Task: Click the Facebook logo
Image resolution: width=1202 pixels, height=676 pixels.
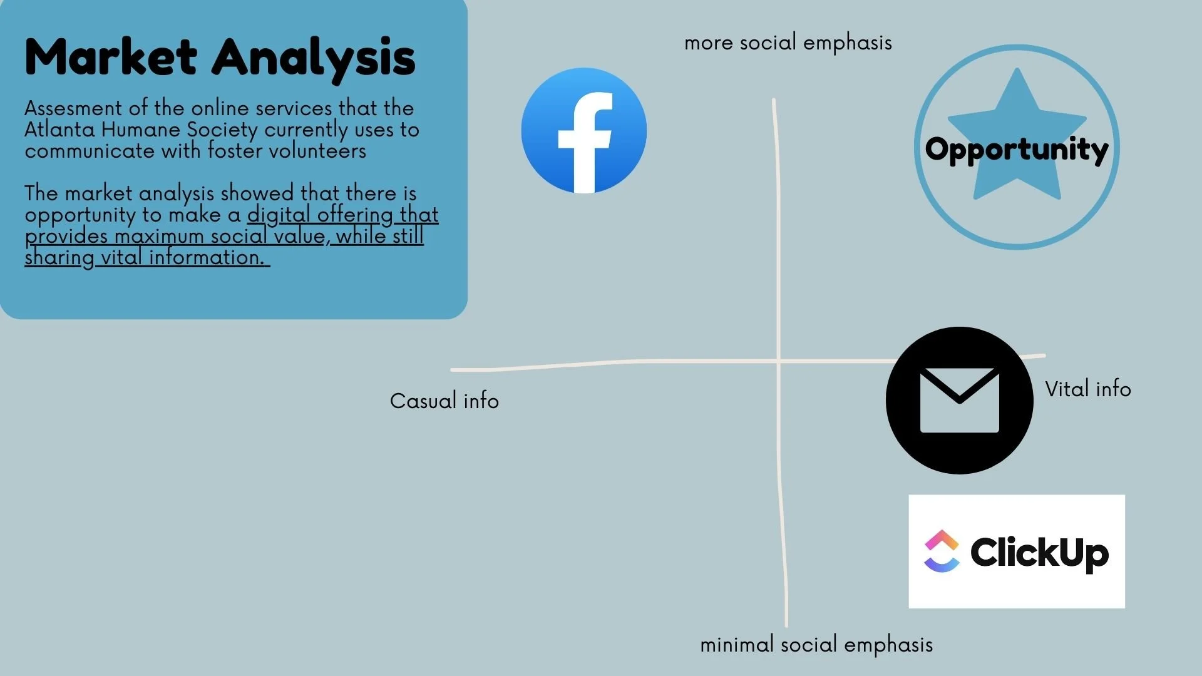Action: click(584, 130)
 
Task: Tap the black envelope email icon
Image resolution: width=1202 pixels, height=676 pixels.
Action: click(959, 401)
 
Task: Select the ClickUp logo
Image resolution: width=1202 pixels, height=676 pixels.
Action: click(1017, 551)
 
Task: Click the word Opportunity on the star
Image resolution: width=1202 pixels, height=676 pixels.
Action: click(1017, 150)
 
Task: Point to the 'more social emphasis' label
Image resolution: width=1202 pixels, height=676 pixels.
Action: click(788, 43)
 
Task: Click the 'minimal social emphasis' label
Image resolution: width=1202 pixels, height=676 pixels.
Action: click(816, 645)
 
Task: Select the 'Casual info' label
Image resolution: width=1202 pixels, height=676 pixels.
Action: click(444, 401)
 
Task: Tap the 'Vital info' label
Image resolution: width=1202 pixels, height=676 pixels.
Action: click(1088, 389)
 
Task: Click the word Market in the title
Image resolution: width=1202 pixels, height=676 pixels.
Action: click(111, 57)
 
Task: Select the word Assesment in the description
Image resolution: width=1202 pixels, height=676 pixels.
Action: click(73, 108)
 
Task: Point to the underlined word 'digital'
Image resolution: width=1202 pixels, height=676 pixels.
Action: click(279, 215)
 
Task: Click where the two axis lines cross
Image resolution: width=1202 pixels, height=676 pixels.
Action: click(778, 361)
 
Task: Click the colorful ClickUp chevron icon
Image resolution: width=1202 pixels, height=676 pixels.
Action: click(942, 551)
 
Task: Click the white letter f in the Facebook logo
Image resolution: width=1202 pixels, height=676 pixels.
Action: click(585, 143)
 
